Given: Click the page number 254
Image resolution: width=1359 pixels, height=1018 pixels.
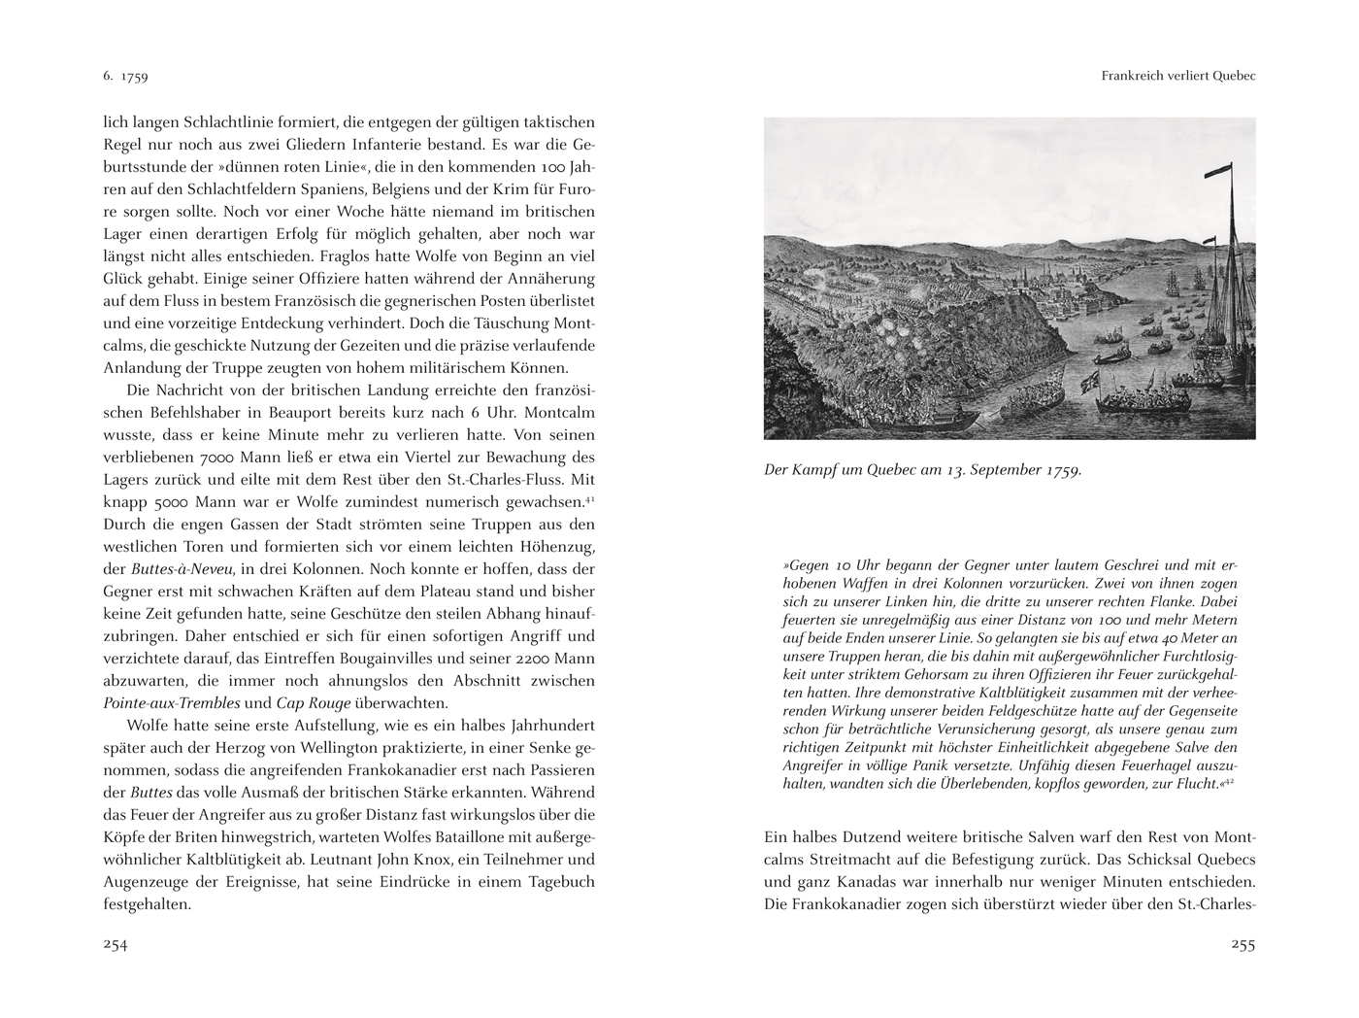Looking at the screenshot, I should click(x=116, y=945).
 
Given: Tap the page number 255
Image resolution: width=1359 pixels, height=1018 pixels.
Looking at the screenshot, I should click(x=1243, y=945).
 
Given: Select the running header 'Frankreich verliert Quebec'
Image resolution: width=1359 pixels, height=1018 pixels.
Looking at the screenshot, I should click(x=1178, y=76).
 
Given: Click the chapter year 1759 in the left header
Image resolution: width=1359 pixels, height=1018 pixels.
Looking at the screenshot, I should click(x=134, y=76).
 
